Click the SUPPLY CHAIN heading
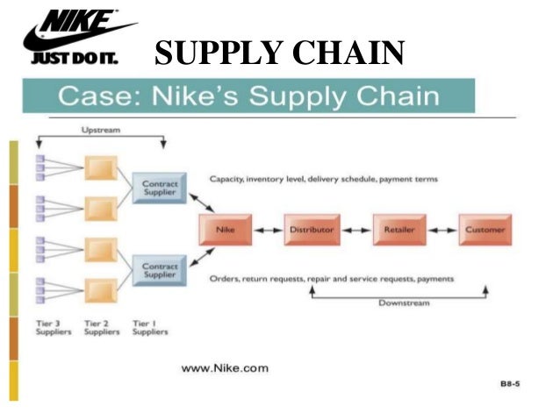[279, 54]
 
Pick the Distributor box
[311, 229]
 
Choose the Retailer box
[398, 229]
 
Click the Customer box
[485, 229]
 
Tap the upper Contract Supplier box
[161, 189]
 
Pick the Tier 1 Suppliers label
[149, 328]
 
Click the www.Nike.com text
[225, 368]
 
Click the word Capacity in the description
[226, 179]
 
